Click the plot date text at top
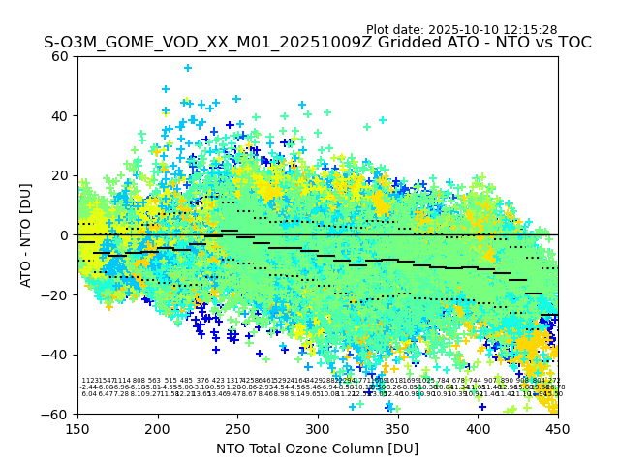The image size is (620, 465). coord(461,30)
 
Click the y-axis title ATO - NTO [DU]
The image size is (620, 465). coord(27,235)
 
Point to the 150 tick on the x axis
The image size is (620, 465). coord(77,426)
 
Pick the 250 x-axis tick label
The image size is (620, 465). coord(237,426)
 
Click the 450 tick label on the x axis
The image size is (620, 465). coord(558,426)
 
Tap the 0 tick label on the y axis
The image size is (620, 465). coord(65,235)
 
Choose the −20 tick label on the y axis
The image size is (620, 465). coord(57,294)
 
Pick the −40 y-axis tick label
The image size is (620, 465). coord(57,355)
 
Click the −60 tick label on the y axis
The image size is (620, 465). coord(57,414)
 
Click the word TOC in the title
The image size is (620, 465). coord(572,44)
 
